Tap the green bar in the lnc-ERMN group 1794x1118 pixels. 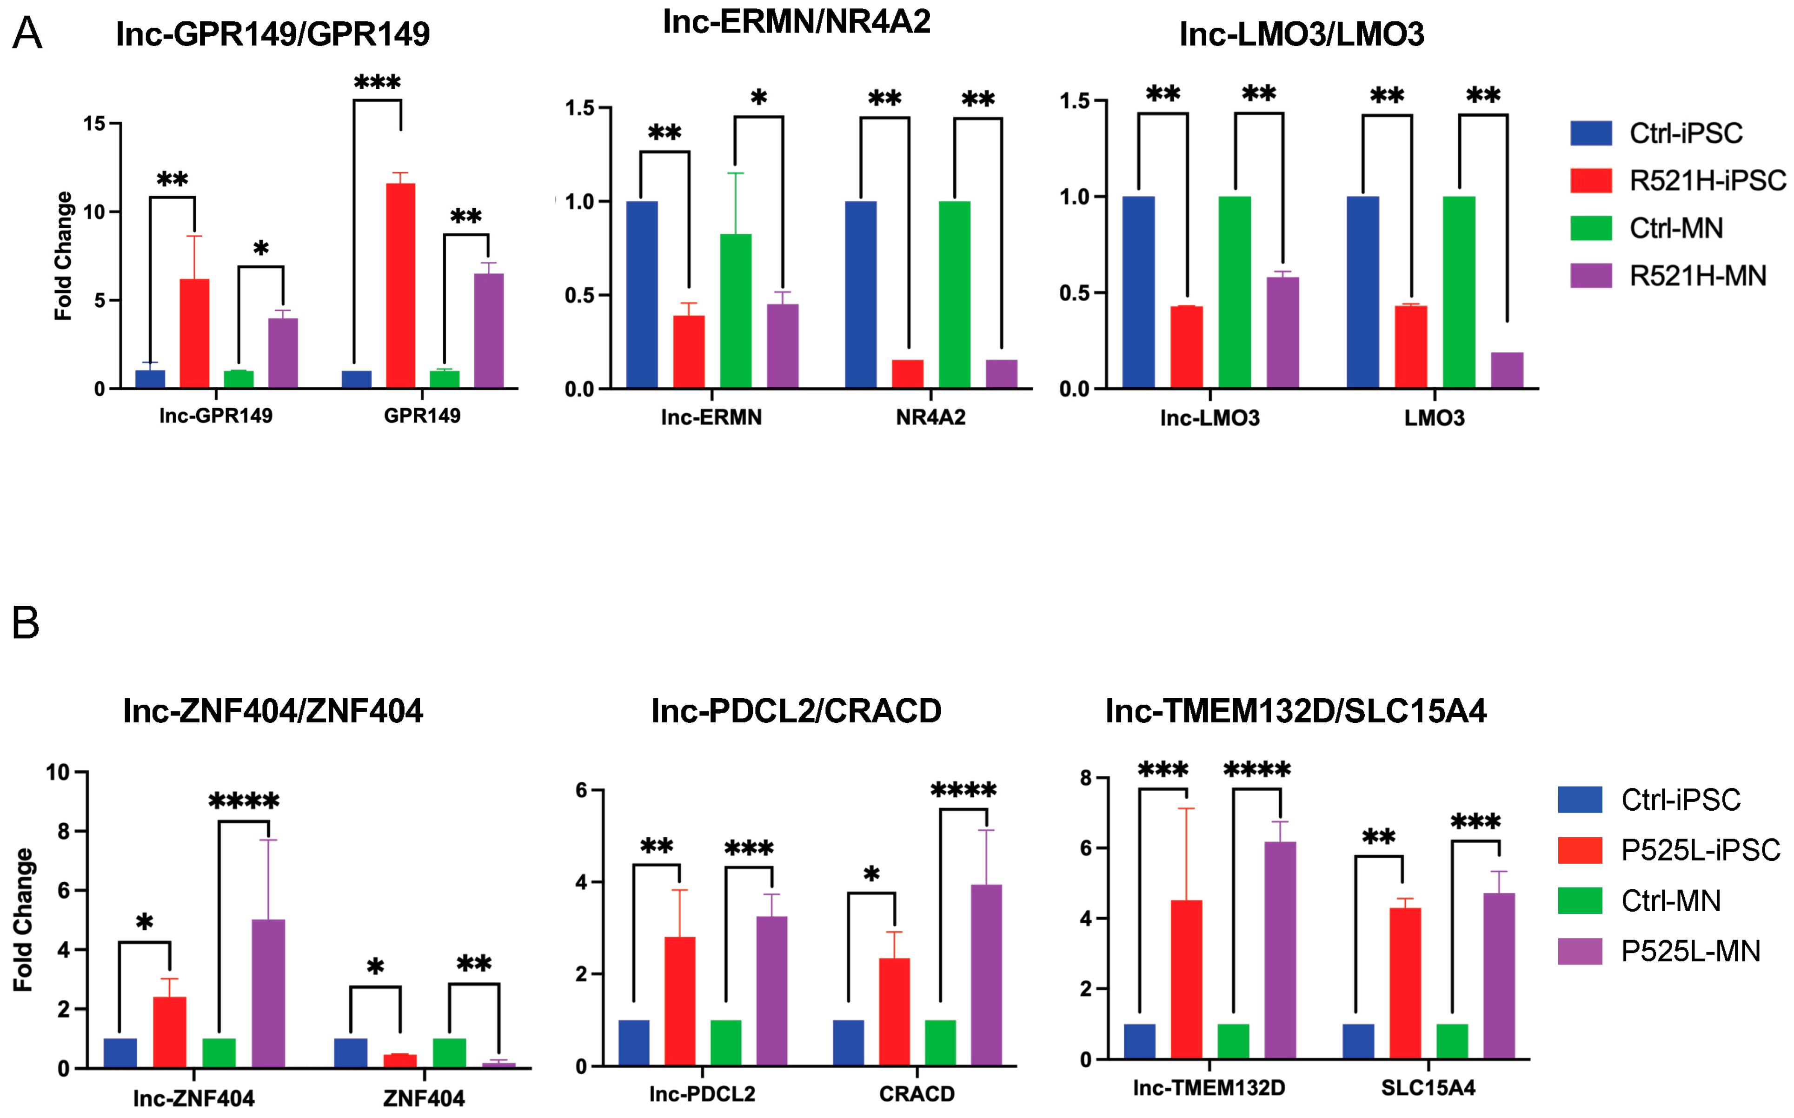pyautogui.click(x=735, y=311)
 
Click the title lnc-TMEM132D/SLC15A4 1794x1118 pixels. pyautogui.click(x=1295, y=711)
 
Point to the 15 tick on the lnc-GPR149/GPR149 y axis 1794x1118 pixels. pyautogui.click(x=94, y=124)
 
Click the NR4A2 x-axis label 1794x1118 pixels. pyautogui.click(x=930, y=418)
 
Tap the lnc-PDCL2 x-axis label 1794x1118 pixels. pyautogui.click(x=702, y=1094)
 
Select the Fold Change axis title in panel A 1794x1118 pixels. pyautogui.click(x=64, y=255)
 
